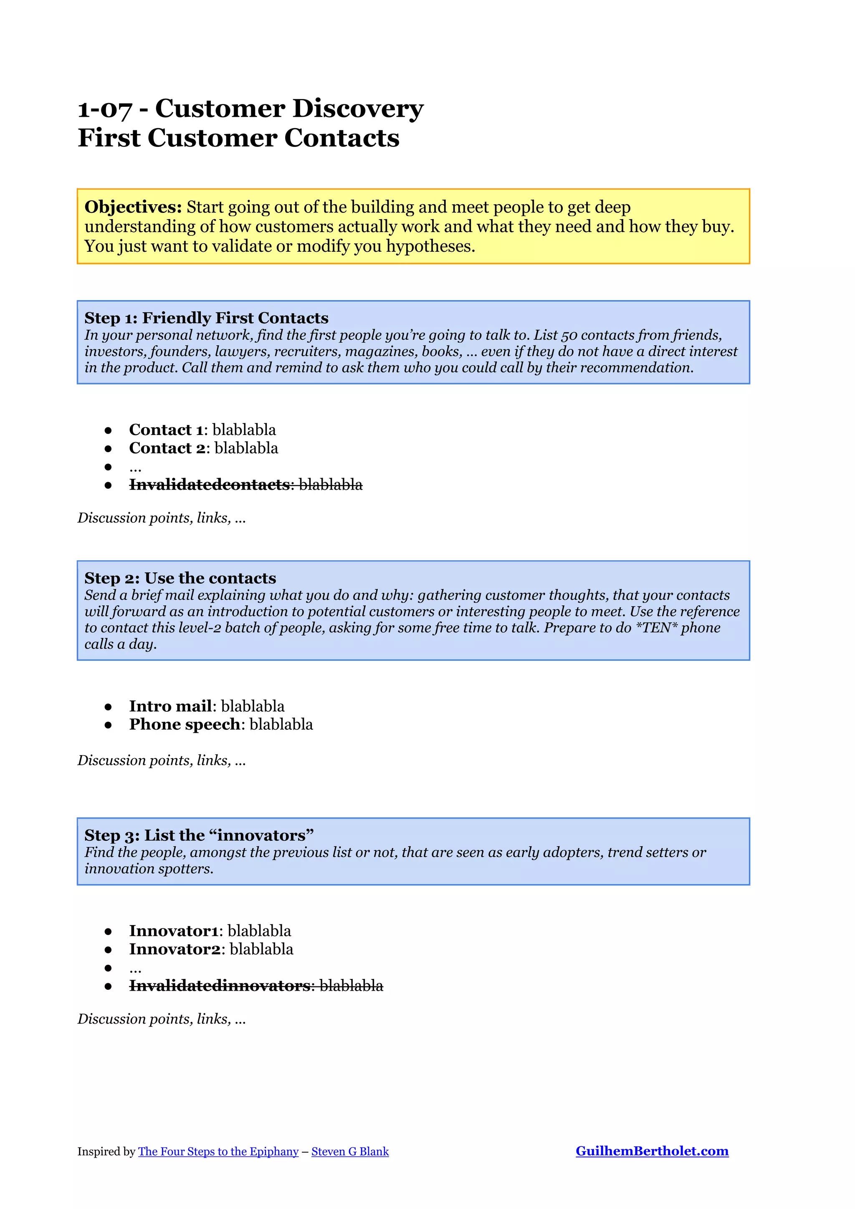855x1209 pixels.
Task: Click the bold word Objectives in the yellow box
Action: [x=133, y=207]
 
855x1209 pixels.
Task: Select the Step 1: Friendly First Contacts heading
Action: [x=206, y=318]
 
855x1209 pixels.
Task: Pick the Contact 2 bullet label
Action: [x=167, y=448]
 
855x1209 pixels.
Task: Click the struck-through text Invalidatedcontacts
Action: [x=210, y=484]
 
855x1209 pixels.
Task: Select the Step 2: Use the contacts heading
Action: [x=180, y=578]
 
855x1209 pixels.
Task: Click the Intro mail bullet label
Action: [x=171, y=706]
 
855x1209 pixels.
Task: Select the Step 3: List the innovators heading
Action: [x=199, y=835]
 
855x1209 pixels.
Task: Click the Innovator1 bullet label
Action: [x=174, y=931]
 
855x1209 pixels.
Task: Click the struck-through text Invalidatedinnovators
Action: [x=220, y=986]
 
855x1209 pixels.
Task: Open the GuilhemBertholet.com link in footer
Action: [x=652, y=1151]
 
